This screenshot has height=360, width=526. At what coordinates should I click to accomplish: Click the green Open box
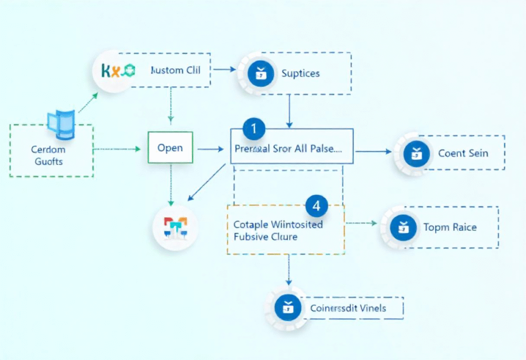[x=170, y=147]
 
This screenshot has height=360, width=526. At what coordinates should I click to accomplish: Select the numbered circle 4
[x=316, y=206]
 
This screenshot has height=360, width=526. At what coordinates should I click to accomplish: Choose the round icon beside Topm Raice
[x=401, y=227]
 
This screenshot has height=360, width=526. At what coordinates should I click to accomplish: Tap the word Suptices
[x=300, y=73]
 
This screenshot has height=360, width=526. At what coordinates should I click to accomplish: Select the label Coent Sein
[x=463, y=153]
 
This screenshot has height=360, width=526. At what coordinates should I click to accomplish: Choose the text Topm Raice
[x=449, y=227]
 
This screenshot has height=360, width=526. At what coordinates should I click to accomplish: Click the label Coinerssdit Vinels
[x=348, y=309]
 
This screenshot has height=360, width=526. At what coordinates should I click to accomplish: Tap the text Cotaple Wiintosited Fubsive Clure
[x=278, y=231]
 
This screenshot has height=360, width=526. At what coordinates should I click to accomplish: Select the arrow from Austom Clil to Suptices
[x=224, y=68]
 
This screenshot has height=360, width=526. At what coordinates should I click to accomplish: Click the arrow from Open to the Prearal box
[x=211, y=149]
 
